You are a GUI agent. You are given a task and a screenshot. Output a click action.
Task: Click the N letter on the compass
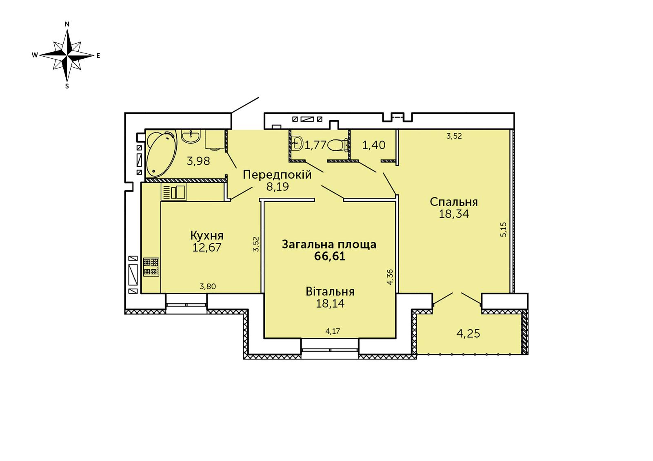(x=67, y=24)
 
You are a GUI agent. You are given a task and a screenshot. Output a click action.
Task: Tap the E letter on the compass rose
(x=98, y=55)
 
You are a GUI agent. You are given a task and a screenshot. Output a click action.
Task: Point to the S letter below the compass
(x=67, y=86)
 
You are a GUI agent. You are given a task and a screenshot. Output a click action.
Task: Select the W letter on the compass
(x=35, y=55)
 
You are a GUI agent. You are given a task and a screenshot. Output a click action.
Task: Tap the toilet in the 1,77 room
(x=338, y=145)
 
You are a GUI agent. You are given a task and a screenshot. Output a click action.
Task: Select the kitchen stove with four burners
(x=151, y=267)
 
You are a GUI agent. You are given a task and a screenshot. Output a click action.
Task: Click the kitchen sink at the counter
(x=173, y=192)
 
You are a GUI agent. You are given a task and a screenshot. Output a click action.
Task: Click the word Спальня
(x=454, y=202)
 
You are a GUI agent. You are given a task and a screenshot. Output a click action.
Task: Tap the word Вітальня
(x=330, y=291)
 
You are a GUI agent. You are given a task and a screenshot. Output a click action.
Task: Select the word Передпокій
(x=277, y=175)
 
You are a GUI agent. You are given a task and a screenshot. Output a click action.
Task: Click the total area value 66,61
(x=330, y=256)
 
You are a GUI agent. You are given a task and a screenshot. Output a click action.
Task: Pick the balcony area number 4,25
(x=468, y=333)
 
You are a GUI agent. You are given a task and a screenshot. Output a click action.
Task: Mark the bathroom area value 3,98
(x=198, y=161)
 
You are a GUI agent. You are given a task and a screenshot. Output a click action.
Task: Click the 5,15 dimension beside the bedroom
(x=504, y=230)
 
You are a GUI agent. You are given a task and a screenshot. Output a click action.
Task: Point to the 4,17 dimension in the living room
(x=333, y=331)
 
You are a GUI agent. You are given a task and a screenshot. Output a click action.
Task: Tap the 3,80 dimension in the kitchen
(x=208, y=287)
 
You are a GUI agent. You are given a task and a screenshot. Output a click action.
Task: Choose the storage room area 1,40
(x=374, y=145)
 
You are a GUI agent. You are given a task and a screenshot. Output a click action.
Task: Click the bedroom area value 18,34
(x=454, y=214)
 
